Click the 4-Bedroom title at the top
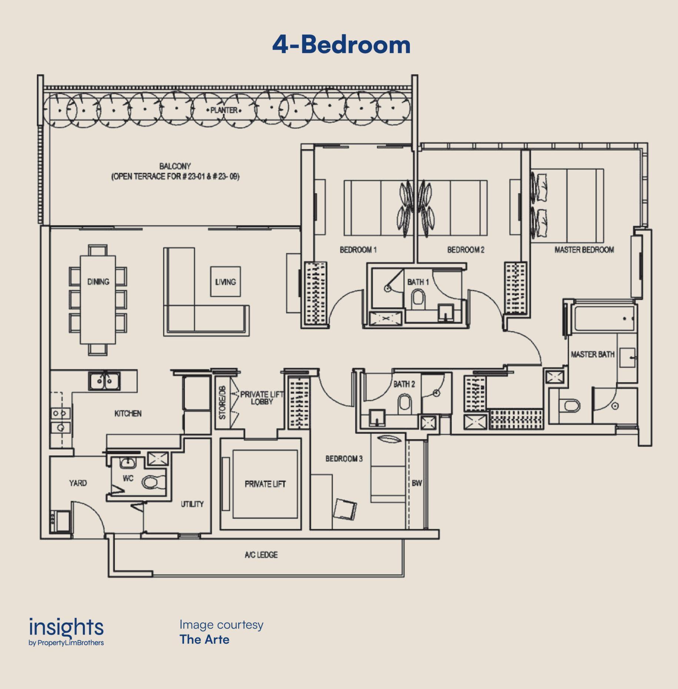(x=341, y=45)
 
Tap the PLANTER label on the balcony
(x=224, y=110)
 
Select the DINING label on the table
(x=98, y=282)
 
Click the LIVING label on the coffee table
(x=226, y=282)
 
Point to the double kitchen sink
(x=104, y=381)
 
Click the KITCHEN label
(x=128, y=413)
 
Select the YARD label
(x=78, y=483)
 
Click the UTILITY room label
(x=192, y=504)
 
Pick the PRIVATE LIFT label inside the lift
(x=265, y=484)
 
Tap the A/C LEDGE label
(x=261, y=555)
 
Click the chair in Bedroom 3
(x=345, y=509)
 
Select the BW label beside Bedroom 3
(x=417, y=483)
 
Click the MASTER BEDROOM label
(x=584, y=250)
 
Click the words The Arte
(x=204, y=639)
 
